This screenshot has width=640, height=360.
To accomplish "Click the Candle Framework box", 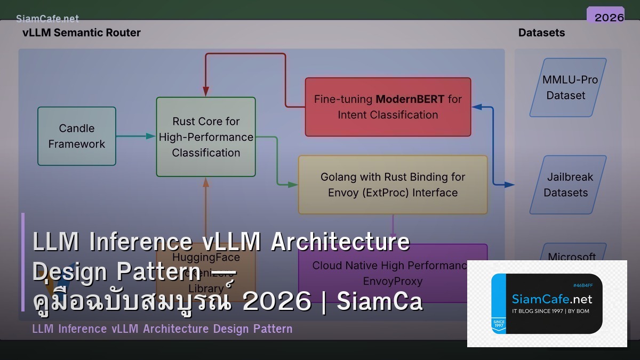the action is [x=77, y=136].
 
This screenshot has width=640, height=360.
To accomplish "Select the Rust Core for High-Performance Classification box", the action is [x=206, y=137].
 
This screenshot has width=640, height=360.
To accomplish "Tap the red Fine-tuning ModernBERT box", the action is [x=388, y=107].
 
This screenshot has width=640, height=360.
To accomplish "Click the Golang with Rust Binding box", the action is [x=393, y=185].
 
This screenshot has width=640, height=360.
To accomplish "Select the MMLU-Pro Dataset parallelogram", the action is [x=569, y=87].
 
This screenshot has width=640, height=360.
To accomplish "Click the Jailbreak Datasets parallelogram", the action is [x=569, y=185].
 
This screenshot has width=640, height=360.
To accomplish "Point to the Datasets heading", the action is [x=541, y=33].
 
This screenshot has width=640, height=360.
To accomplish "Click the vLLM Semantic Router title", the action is [x=82, y=33].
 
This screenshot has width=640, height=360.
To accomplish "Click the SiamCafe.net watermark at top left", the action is [x=47, y=19].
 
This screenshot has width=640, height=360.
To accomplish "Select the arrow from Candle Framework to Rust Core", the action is [x=135, y=136].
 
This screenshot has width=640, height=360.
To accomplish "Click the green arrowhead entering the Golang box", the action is [x=293, y=185].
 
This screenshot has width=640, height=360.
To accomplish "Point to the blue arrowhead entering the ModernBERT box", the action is [x=476, y=107].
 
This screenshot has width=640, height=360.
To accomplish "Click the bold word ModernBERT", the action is [x=410, y=99].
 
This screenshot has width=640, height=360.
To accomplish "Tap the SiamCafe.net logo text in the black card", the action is [x=551, y=299].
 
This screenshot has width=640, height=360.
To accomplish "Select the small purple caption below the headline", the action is [x=162, y=329].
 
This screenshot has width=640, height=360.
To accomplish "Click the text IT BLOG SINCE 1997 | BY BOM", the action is [x=550, y=311].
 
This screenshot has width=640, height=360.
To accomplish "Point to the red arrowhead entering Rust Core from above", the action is [x=205, y=92].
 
